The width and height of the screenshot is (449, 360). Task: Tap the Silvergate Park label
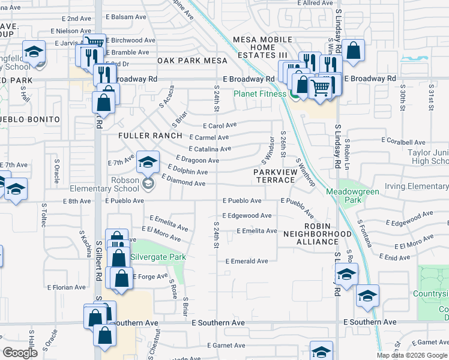pyautogui.click(x=159, y=257)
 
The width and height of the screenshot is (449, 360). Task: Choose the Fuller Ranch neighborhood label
pyautogui.click(x=151, y=136)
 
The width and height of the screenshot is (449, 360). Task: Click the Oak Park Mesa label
pyautogui.click(x=193, y=61)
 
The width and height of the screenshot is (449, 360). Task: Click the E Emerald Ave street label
pyautogui.click(x=247, y=261)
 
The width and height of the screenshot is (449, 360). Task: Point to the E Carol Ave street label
pyautogui.click(x=220, y=126)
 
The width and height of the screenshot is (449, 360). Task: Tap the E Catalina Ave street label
pyautogui.click(x=209, y=149)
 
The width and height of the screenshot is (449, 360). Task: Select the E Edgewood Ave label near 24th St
pyautogui.click(x=247, y=215)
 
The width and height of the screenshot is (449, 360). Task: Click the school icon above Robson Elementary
pyautogui.click(x=148, y=161)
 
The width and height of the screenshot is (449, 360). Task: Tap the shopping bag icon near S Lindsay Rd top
pyautogui.click(x=353, y=52)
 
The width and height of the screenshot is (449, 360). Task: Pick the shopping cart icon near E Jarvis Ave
pyautogui.click(x=94, y=43)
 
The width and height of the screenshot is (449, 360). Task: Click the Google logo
pyautogui.click(x=20, y=353)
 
